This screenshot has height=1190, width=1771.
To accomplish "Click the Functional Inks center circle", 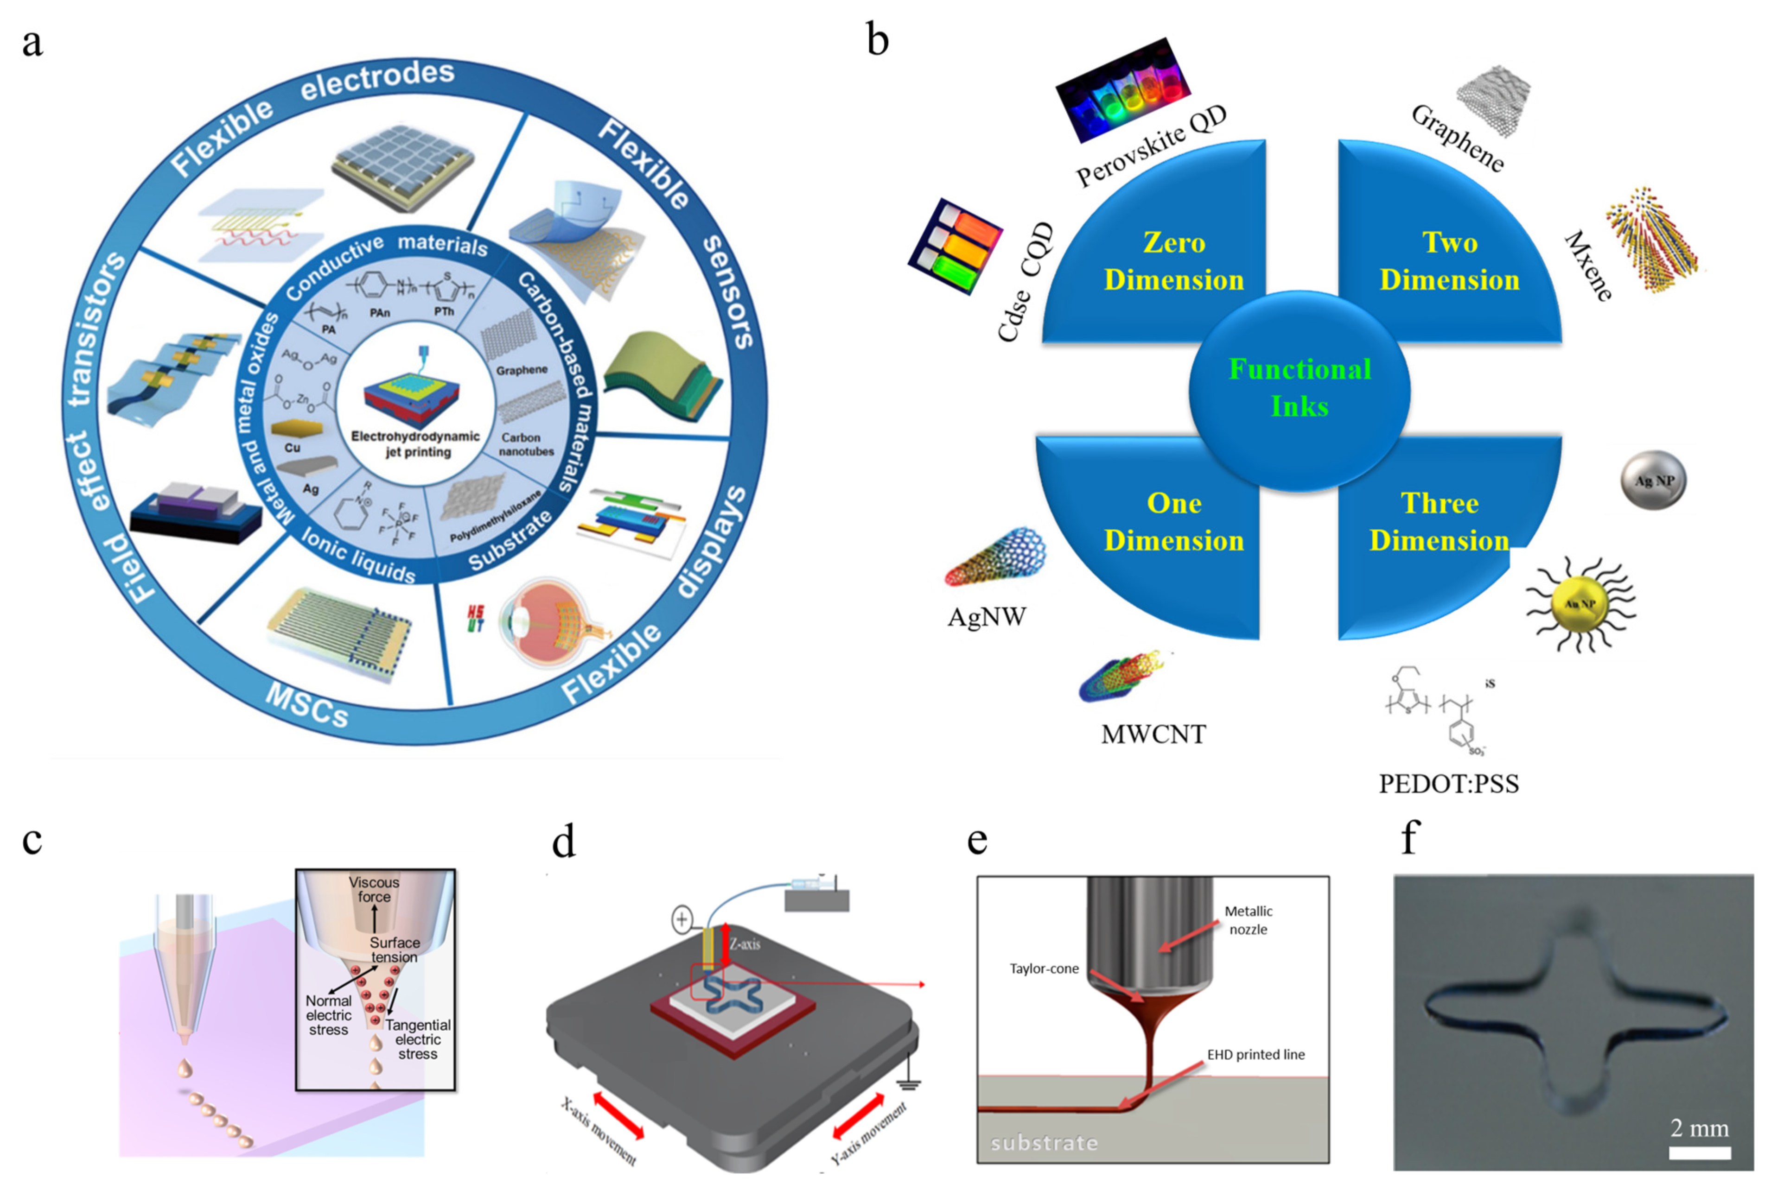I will click(1299, 389).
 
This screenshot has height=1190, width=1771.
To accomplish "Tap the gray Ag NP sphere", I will click(1653, 480).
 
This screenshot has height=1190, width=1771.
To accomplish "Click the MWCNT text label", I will click(1153, 734).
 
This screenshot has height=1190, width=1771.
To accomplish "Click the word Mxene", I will click(1588, 266).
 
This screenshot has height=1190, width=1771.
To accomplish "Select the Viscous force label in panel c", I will click(374, 889).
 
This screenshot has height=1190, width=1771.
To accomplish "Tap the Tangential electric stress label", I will click(418, 1039).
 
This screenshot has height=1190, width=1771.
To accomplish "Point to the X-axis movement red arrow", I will click(618, 1114).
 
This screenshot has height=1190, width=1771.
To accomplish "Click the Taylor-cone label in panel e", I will click(1044, 968).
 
